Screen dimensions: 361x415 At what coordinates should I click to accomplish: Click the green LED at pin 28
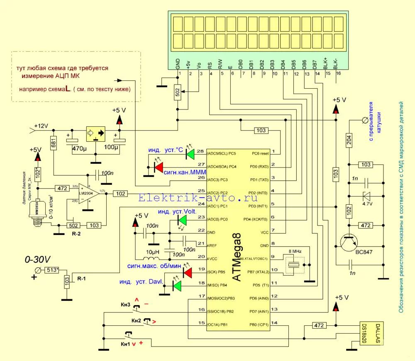(190, 154)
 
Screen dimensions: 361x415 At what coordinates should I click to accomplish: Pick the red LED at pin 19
(188, 273)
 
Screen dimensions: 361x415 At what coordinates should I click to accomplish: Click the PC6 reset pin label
(260, 153)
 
